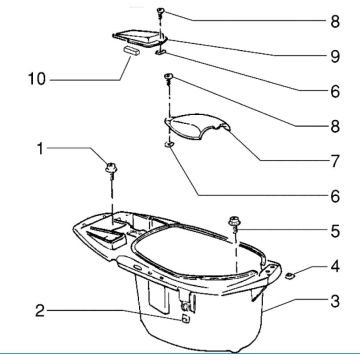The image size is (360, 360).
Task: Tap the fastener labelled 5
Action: pos(236,220)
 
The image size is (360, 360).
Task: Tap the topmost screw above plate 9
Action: pos(161,12)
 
